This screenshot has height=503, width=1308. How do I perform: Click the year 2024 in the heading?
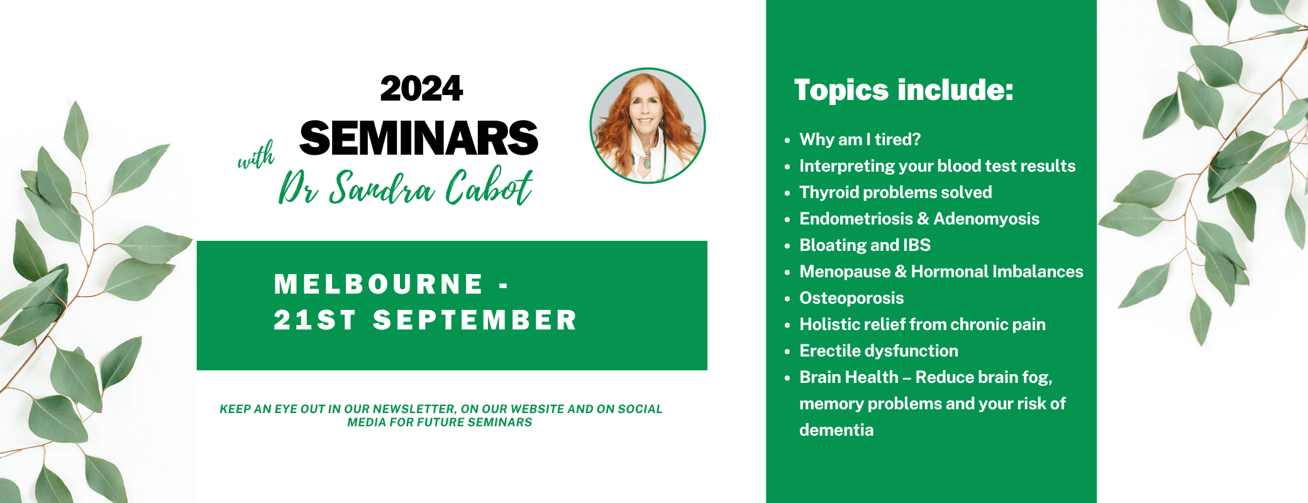pyautogui.click(x=421, y=89)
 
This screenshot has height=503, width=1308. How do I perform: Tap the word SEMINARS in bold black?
pyautogui.click(x=419, y=138)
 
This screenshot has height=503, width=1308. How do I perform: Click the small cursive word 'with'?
pyautogui.click(x=256, y=155)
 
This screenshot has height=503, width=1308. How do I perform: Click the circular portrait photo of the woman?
pyautogui.click(x=647, y=126)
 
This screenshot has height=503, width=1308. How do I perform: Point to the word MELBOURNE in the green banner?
pyautogui.click(x=379, y=284)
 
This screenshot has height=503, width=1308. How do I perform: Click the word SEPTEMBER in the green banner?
pyautogui.click(x=475, y=320)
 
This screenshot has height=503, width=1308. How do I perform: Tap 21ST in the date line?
pyautogui.click(x=315, y=320)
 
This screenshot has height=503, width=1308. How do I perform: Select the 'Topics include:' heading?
pyautogui.click(x=904, y=90)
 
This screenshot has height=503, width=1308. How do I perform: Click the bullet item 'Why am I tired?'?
pyautogui.click(x=860, y=140)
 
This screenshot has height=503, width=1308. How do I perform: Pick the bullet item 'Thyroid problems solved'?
pyautogui.click(x=895, y=192)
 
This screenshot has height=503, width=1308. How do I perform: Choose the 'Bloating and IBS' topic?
pyautogui.click(x=865, y=245)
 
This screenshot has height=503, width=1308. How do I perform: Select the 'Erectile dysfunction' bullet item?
pyautogui.click(x=878, y=351)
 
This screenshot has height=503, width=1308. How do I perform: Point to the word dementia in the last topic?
pyautogui.click(x=836, y=430)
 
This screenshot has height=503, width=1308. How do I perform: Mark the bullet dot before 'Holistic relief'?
pyautogui.click(x=787, y=326)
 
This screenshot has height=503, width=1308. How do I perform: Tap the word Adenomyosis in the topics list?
pyautogui.click(x=986, y=219)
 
